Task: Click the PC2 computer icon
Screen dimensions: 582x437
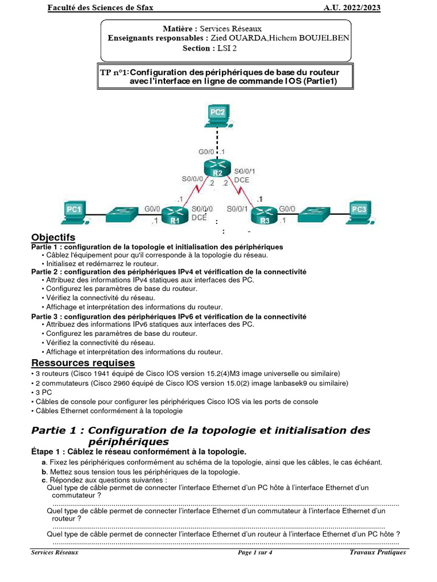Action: click(x=218, y=114)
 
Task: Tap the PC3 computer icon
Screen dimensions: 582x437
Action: click(x=360, y=212)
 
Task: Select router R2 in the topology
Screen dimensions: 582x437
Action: click(x=217, y=169)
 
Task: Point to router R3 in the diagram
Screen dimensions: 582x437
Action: click(x=265, y=217)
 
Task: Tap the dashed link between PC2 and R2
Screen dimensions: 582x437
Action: click(x=217, y=140)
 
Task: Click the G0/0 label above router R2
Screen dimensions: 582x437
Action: click(x=206, y=152)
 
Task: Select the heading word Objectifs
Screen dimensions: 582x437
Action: click(x=53, y=237)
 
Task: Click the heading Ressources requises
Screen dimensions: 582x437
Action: click(x=83, y=363)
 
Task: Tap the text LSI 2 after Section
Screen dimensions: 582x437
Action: click(x=226, y=48)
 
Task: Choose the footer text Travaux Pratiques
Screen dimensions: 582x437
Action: click(x=378, y=552)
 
